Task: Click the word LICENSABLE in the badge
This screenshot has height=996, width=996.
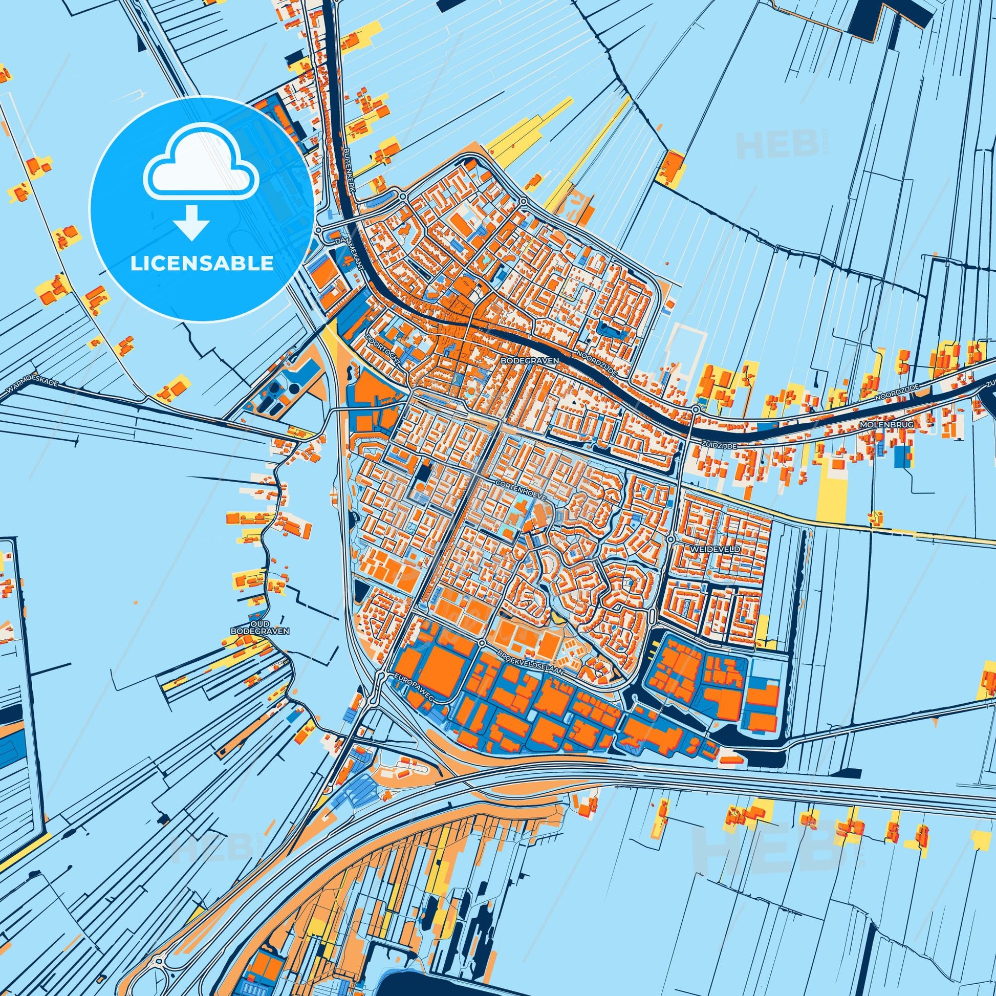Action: point(202,264)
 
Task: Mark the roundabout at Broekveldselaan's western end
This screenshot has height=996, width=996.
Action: point(482,643)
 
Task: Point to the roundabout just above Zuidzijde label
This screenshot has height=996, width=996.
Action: point(696,409)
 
